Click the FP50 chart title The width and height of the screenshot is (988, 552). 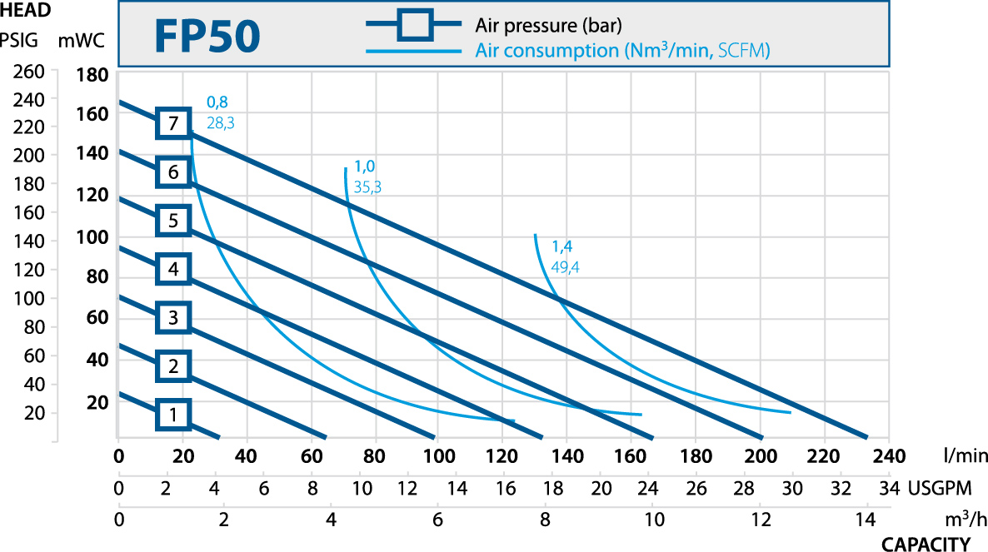tap(207, 37)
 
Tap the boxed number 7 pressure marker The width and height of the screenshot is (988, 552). tap(172, 124)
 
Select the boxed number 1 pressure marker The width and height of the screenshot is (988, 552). tap(172, 414)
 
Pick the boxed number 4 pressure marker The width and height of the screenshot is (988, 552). tap(172, 269)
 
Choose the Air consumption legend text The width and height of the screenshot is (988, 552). tap(621, 50)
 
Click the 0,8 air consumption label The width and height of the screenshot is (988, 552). tap(217, 102)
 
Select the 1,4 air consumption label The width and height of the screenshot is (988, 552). tap(562, 246)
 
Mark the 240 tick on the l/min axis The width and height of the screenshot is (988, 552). tap(889, 455)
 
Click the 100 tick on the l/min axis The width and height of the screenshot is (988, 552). tap(440, 455)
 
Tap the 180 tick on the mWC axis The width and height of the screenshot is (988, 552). tap(92, 76)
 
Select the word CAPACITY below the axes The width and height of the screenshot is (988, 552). tap(926, 545)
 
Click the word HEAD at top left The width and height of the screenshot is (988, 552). tap(25, 11)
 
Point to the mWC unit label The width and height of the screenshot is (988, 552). tap(80, 38)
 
